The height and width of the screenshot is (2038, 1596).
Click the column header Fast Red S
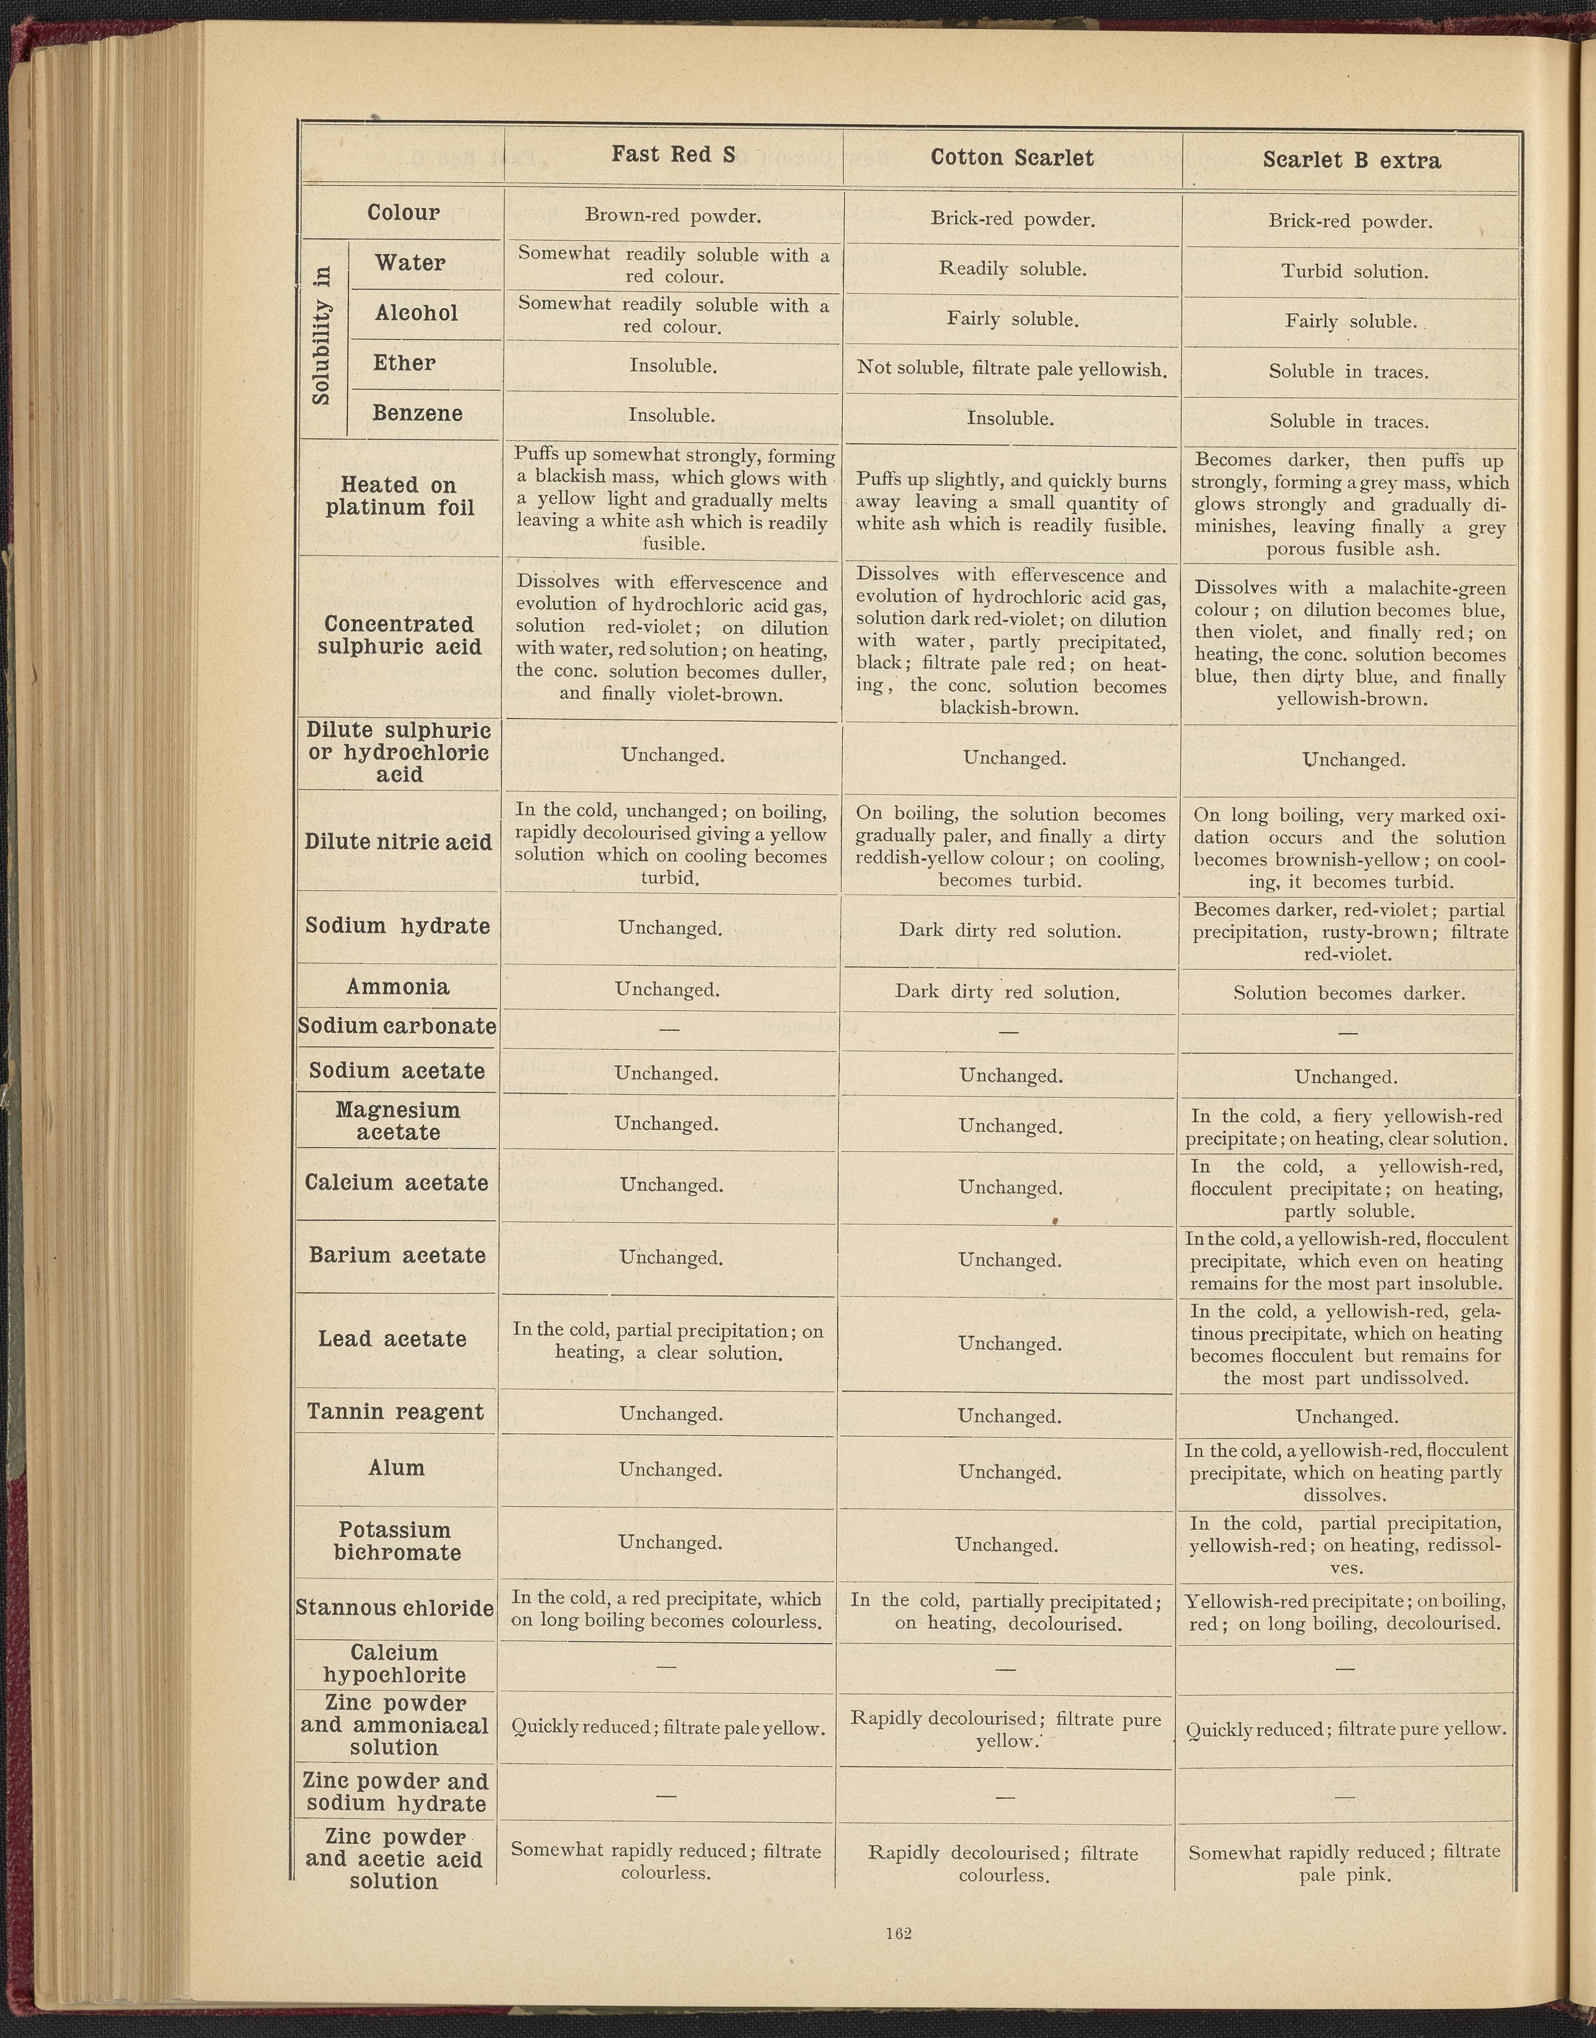point(673,154)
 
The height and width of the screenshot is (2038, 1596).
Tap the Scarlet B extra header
point(1351,161)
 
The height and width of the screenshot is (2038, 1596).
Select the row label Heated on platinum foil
point(400,496)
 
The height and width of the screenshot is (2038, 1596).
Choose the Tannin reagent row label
point(395,1411)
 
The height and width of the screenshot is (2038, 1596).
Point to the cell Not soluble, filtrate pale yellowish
point(1011,369)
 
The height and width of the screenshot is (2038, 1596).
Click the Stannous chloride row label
point(395,1607)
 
